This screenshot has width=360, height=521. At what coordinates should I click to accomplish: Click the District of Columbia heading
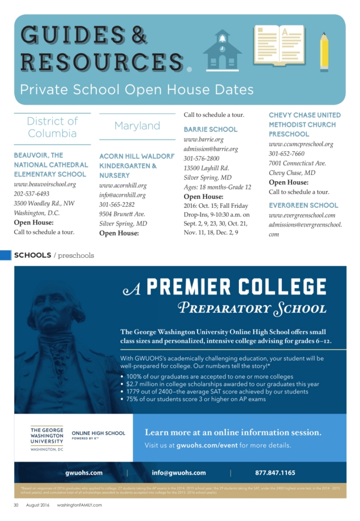coord(52,127)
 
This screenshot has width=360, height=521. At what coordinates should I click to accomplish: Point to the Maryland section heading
coord(137,126)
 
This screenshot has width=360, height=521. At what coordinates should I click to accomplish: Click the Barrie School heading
coord(211,129)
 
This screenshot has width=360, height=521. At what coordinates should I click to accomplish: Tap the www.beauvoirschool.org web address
coord(45,185)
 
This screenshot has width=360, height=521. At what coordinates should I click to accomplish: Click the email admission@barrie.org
coord(211,149)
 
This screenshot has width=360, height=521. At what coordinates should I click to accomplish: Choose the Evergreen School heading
coord(303,205)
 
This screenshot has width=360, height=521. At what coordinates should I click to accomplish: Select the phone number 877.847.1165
coord(275,472)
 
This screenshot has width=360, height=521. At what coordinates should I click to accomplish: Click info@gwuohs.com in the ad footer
coord(179,472)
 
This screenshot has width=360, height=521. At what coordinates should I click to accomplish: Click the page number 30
coord(17,505)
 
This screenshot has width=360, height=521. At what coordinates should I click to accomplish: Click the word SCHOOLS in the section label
coord(32,255)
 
